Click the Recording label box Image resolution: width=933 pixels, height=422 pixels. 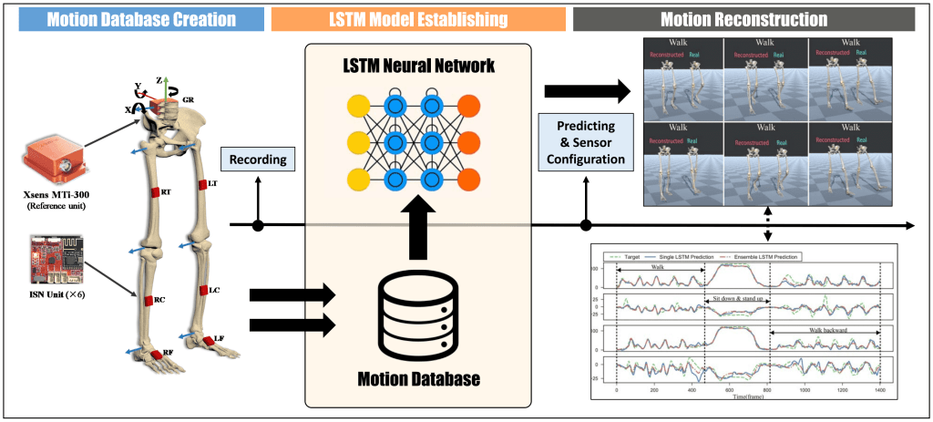coord(258,160)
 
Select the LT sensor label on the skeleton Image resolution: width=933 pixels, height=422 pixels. coord(212,184)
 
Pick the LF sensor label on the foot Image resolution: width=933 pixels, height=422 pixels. coord(217,339)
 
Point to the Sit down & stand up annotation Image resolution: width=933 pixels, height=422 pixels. coord(734,300)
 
